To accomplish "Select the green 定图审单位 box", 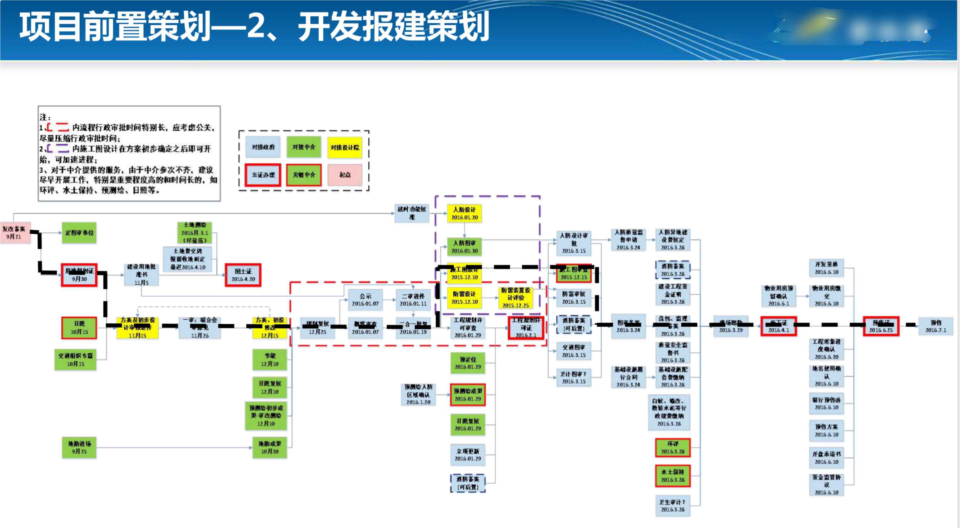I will (79, 233).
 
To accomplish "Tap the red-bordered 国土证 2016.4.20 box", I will (243, 275).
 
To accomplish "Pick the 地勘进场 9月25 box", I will (79, 448).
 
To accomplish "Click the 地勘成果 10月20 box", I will (270, 448).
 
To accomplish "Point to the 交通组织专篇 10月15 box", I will (75, 360).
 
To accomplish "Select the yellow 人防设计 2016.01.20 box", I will (464, 214).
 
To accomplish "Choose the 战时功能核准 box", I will (412, 213).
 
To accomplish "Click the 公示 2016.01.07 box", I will (365, 300).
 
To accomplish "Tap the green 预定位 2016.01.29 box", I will (468, 363).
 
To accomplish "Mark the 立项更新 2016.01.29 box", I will (468, 455).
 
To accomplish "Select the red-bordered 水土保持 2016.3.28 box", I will (673, 476).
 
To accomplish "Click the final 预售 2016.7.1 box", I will (935, 327).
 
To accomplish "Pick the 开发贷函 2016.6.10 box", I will (826, 268).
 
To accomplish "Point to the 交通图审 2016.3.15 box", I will (573, 351).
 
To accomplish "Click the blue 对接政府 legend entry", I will (263, 147).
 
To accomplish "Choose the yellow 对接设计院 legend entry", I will (345, 148).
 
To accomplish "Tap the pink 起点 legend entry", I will (345, 175).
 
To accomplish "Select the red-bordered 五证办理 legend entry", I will (263, 175).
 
